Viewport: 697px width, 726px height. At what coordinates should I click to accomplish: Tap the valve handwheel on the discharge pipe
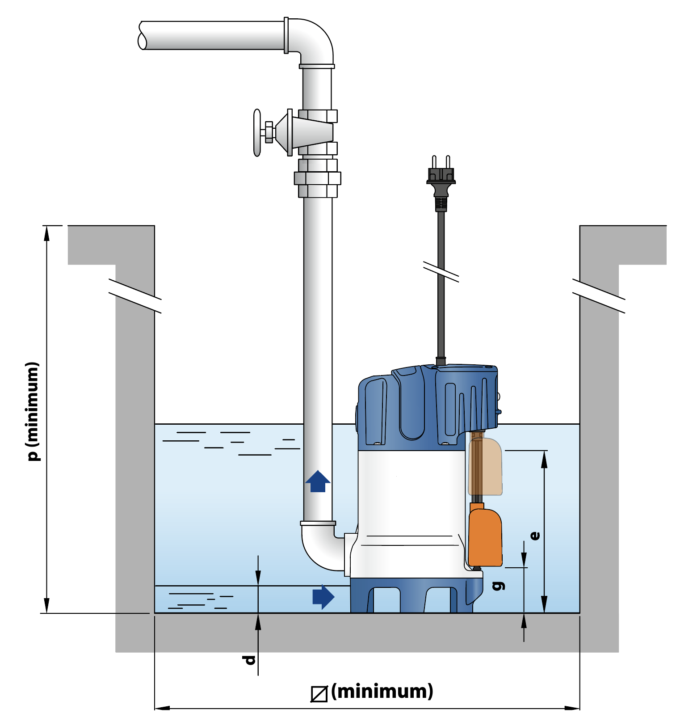point(257,132)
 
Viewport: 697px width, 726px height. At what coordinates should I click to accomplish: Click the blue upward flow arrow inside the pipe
point(318,481)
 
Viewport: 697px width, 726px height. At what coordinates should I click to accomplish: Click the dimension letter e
point(535,536)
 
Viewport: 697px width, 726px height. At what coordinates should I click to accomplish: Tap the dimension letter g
point(500,585)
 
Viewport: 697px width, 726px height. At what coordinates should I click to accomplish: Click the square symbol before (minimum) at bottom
point(319,694)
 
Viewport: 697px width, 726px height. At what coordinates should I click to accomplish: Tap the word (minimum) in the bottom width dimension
point(382,691)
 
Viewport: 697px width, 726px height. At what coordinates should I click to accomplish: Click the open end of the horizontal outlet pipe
point(143,36)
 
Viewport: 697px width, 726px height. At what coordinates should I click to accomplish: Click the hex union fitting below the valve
point(318,178)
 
